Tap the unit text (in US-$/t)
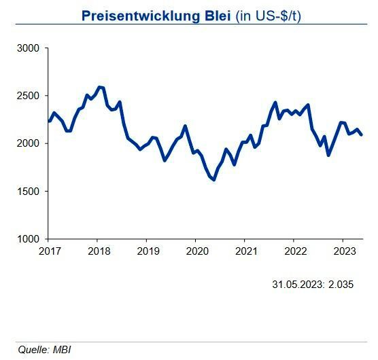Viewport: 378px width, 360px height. pos(269,16)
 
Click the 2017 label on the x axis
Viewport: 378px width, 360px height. pos(48,251)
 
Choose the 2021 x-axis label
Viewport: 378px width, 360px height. pos(244,251)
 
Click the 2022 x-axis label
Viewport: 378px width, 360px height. pos(293,251)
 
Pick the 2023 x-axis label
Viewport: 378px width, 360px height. pos(342,251)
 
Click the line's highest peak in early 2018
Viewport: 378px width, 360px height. pos(100,87)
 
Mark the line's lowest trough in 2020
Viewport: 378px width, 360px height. pos(213,180)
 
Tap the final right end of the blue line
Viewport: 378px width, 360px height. pos(362,134)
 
